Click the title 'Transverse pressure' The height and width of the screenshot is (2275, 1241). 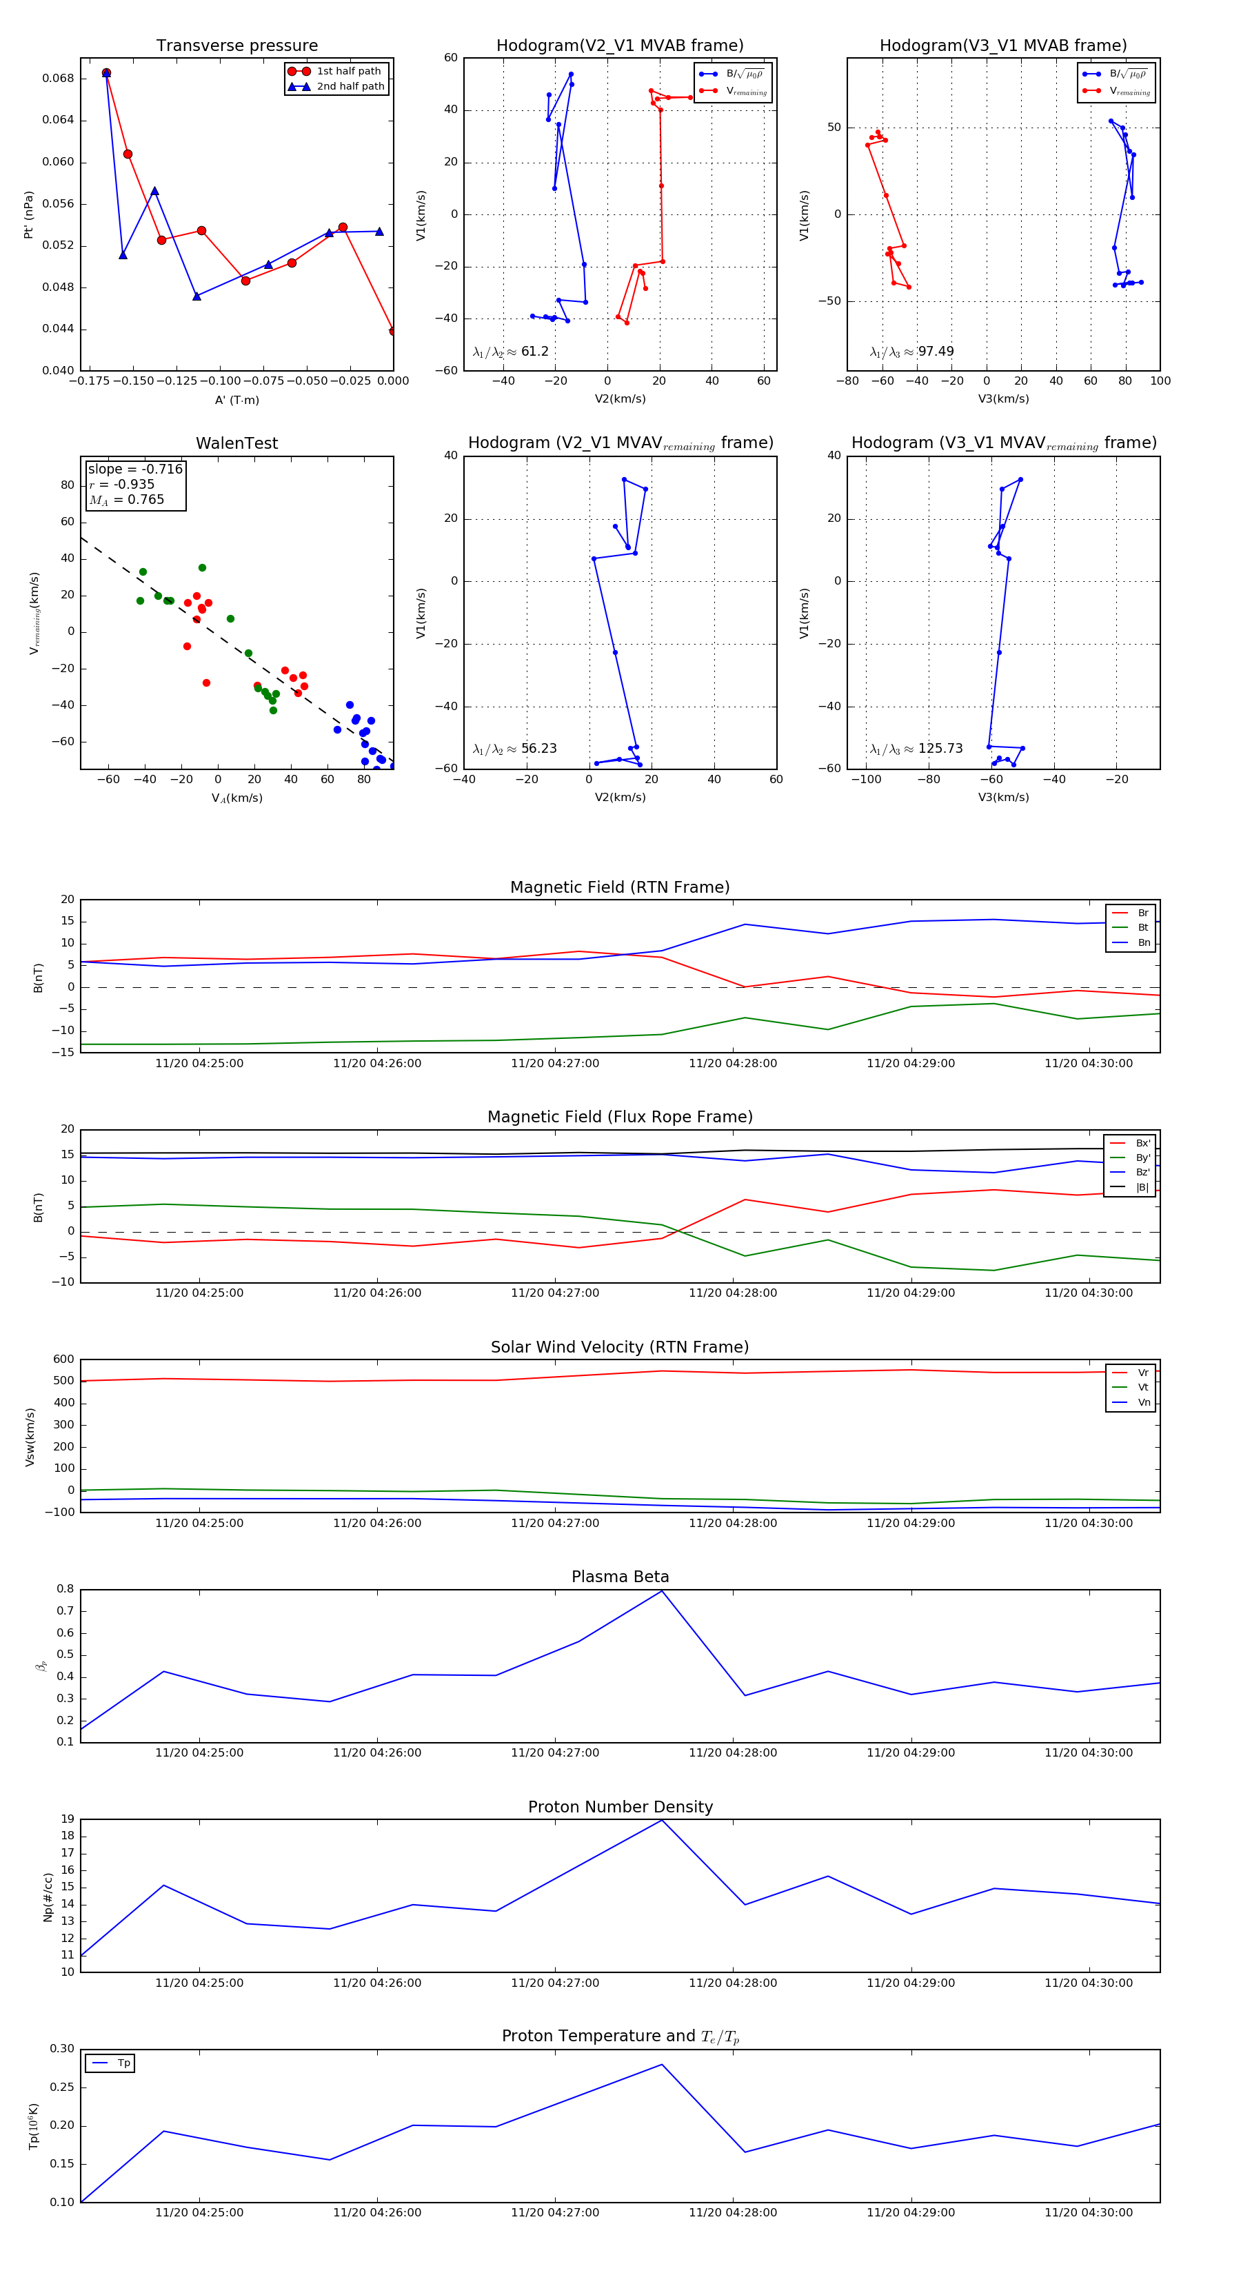click(236, 46)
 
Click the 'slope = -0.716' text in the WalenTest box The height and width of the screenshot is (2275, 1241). click(135, 469)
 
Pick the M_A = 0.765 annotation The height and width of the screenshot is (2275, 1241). click(126, 500)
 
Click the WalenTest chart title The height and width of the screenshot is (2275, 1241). click(236, 443)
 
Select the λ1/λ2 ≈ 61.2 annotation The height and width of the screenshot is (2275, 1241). click(510, 352)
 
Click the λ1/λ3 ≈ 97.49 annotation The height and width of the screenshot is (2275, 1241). click(911, 352)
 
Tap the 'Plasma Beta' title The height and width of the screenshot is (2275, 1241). click(620, 1577)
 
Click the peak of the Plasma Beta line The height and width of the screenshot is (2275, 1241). click(662, 1590)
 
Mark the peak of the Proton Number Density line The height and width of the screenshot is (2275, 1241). click(662, 1820)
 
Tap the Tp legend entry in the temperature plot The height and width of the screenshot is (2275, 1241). click(123, 2063)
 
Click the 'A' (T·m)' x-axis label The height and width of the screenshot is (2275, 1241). click(236, 400)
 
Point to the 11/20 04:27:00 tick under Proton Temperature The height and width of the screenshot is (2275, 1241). click(555, 2212)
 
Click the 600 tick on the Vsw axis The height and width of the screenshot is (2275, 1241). click(63, 1359)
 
